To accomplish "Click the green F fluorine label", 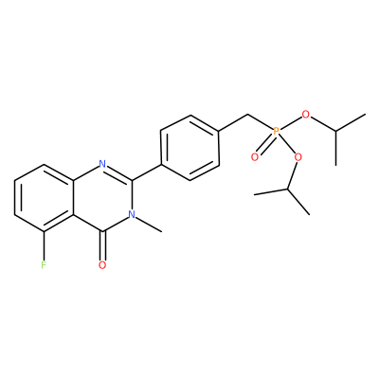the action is [x=44, y=264].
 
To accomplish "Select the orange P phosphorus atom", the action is [x=276, y=131].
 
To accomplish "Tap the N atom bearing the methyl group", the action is [x=132, y=214].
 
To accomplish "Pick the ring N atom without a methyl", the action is [x=102, y=164].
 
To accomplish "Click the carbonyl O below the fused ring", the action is [x=102, y=264].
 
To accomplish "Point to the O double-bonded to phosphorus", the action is [x=255, y=156].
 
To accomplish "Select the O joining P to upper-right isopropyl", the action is [x=305, y=115].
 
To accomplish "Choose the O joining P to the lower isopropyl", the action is [x=298, y=156].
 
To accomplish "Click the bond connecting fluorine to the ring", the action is [x=44, y=245].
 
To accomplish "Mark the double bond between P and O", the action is [x=265, y=144].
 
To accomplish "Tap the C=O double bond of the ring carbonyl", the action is [x=102, y=245].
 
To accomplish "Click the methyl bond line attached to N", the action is [x=149, y=225].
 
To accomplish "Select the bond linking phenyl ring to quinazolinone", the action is [x=147, y=172].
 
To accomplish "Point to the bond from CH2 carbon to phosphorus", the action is [x=261, y=122].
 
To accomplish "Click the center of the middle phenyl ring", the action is [x=189, y=148].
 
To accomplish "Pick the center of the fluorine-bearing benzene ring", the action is [x=44, y=198].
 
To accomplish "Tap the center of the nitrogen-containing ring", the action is [x=103, y=198].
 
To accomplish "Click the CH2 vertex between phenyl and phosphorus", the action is [x=248, y=115].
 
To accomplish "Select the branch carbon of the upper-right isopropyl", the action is [x=335, y=131].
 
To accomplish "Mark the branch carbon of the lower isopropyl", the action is [x=288, y=189].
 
